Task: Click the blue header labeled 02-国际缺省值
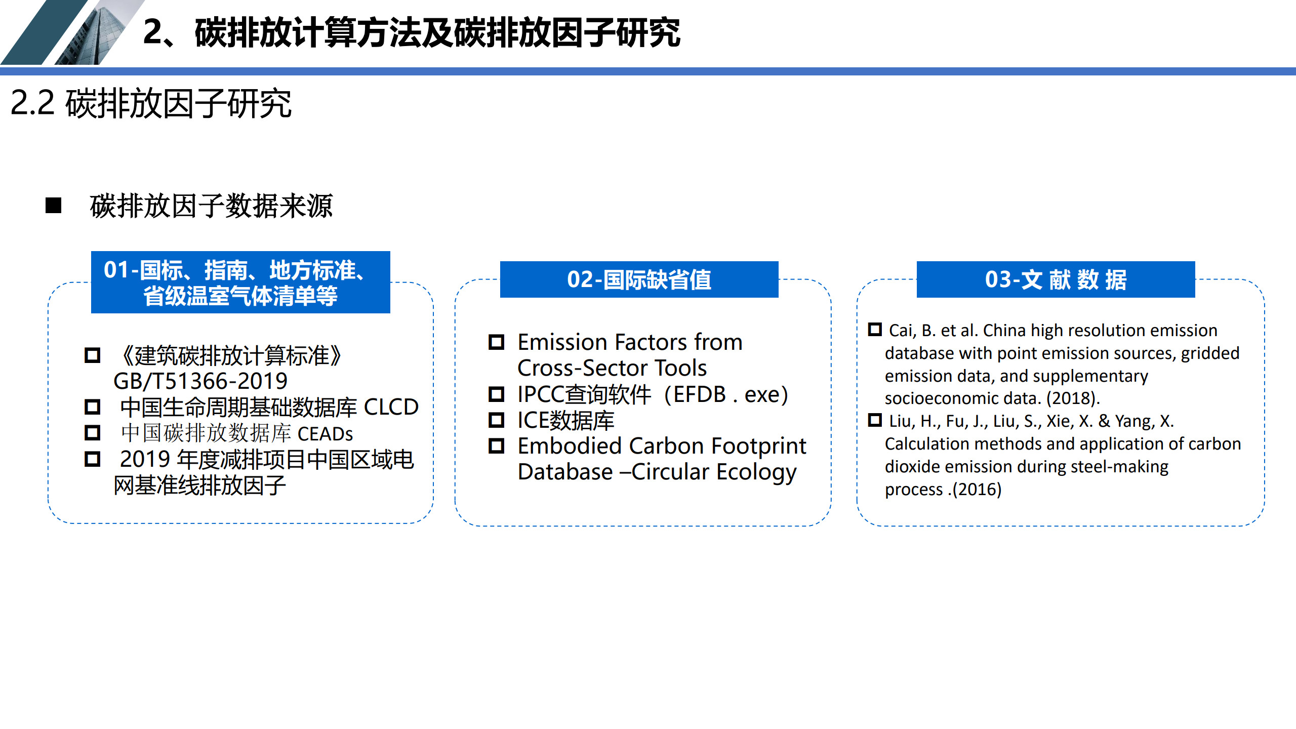pos(639,279)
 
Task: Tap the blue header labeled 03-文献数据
pos(1056,279)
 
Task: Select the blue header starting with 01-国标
pos(240,282)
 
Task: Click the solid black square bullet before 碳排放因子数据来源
pos(53,206)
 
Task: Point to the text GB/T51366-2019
pos(200,381)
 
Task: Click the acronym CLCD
pos(391,407)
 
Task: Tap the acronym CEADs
pos(325,434)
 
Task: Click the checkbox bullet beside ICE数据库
pos(496,420)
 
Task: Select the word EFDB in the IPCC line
pos(700,394)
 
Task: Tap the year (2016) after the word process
pos(977,490)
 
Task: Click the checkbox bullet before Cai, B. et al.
pos(875,329)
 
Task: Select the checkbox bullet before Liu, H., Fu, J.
pos(875,420)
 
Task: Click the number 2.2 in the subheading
pos(32,103)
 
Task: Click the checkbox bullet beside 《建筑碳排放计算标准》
pos(92,355)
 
